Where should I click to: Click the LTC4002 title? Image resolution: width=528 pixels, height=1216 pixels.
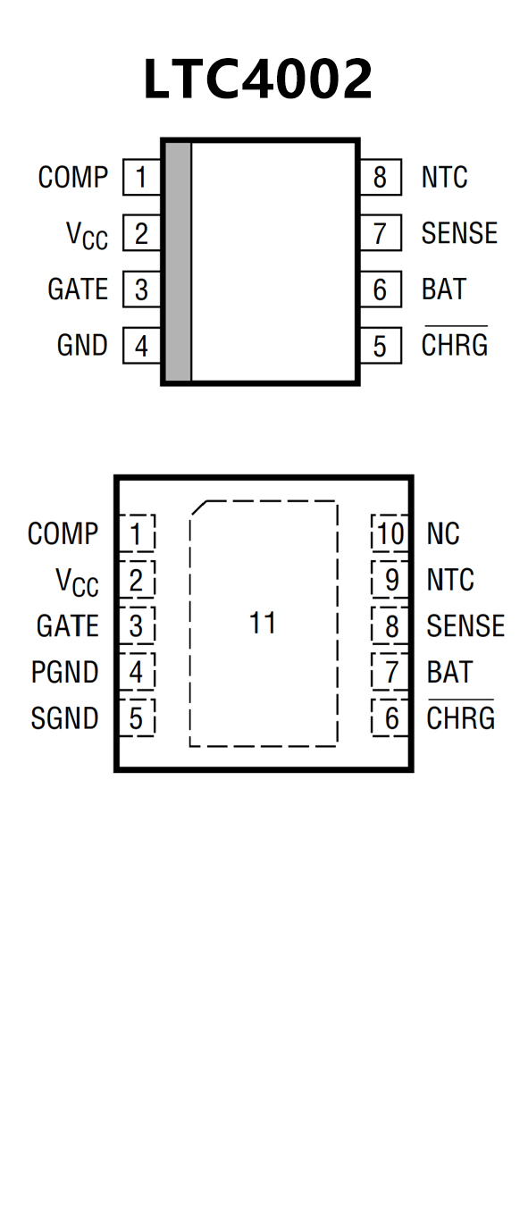click(x=258, y=80)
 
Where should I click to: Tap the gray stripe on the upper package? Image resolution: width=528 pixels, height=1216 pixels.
click(x=179, y=262)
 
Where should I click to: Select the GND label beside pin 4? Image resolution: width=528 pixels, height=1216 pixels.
click(x=82, y=345)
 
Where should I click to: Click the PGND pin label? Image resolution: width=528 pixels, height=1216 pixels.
click(x=64, y=672)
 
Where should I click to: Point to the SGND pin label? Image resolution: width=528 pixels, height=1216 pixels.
click(x=64, y=718)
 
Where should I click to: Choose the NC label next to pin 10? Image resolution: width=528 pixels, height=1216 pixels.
click(x=443, y=533)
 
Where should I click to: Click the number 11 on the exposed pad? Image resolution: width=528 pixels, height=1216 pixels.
click(x=263, y=624)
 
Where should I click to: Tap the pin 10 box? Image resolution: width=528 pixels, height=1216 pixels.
click(x=390, y=533)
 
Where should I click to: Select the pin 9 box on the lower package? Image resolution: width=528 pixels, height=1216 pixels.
click(x=390, y=579)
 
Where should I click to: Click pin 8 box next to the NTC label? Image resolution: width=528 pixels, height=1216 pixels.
click(x=381, y=177)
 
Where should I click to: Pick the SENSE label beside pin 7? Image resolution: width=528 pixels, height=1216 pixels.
click(x=459, y=233)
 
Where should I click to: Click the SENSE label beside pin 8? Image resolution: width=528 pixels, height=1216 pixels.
click(x=465, y=626)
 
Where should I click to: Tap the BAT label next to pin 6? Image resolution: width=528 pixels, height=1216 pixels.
click(x=444, y=289)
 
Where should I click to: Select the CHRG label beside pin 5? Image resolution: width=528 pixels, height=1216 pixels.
click(x=455, y=343)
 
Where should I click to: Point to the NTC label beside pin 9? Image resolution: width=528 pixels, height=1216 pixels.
click(x=450, y=580)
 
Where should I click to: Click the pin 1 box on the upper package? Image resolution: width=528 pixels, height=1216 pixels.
click(x=142, y=177)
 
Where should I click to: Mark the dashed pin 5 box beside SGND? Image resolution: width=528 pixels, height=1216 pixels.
click(x=137, y=717)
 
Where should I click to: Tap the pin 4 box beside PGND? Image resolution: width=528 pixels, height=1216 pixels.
click(x=137, y=672)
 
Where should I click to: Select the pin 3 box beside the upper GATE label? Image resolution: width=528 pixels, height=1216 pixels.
click(x=142, y=289)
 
